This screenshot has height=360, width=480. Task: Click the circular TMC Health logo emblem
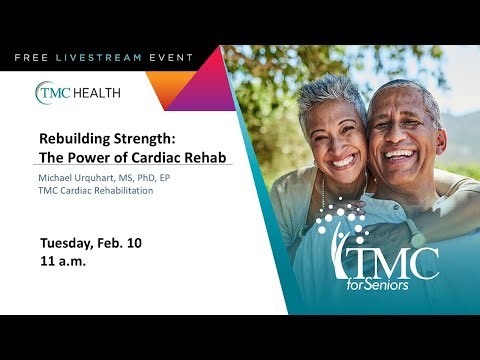point(50,93)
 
